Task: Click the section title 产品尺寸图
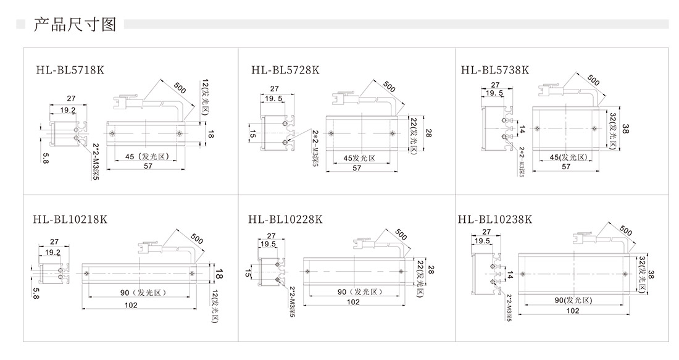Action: click(75, 25)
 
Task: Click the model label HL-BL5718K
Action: click(70, 70)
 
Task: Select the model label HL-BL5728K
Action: click(285, 70)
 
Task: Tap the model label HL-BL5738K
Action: click(494, 70)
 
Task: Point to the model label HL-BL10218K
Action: click(70, 219)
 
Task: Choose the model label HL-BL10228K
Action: click(285, 219)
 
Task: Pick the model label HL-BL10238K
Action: click(494, 219)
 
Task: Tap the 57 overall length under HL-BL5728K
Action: click(357, 168)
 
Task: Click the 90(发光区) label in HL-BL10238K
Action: click(573, 300)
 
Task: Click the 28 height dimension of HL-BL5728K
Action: click(428, 133)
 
